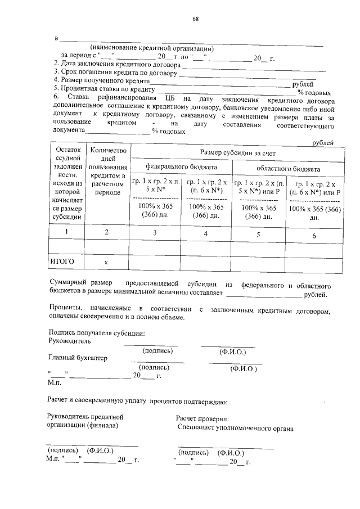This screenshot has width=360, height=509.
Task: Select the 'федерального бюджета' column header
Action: (181, 168)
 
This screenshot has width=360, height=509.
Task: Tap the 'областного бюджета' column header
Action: (288, 168)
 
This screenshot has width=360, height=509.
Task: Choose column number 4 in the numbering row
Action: (205, 233)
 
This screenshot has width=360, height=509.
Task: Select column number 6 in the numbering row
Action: (314, 235)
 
